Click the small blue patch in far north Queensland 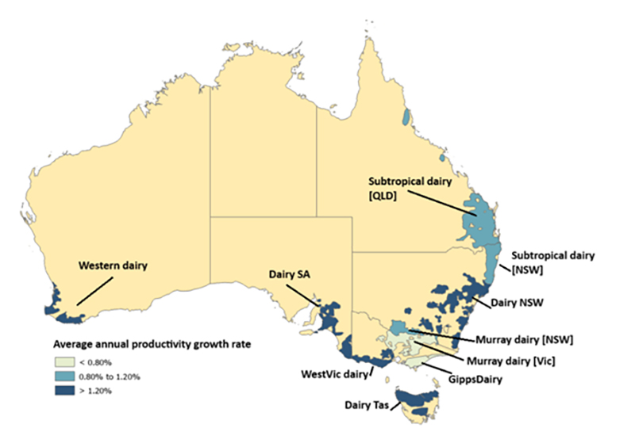coord(406,117)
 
